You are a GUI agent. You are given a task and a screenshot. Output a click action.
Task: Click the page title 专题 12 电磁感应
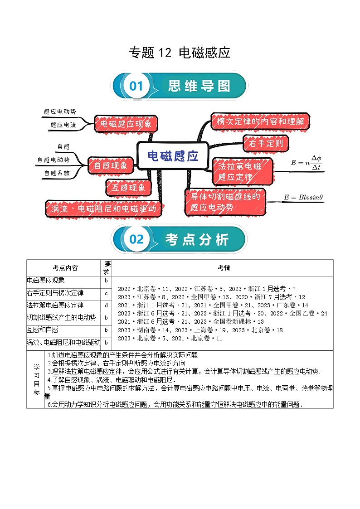point(180,53)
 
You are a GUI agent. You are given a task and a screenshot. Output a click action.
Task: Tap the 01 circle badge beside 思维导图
point(136,86)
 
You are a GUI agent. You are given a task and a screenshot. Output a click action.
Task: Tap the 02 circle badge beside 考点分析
point(136,239)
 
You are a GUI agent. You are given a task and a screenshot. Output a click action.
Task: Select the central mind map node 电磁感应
point(173,156)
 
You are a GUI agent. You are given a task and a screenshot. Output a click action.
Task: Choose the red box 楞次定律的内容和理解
point(261,121)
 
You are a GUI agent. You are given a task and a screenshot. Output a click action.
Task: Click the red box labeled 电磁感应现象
point(126,123)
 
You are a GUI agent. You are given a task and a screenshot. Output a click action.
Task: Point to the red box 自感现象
point(111,165)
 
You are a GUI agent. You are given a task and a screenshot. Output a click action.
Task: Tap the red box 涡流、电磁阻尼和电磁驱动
point(103,209)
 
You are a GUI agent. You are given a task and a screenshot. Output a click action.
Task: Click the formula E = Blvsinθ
point(303,197)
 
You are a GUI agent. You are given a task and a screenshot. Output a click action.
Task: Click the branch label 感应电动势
point(60,111)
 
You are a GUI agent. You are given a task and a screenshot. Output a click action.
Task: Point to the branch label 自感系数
point(57,173)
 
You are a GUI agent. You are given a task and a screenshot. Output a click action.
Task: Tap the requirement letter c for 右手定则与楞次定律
point(106,294)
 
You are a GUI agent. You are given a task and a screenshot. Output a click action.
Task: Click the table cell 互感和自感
point(43,330)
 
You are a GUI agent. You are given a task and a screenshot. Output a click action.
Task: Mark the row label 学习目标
point(36,378)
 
